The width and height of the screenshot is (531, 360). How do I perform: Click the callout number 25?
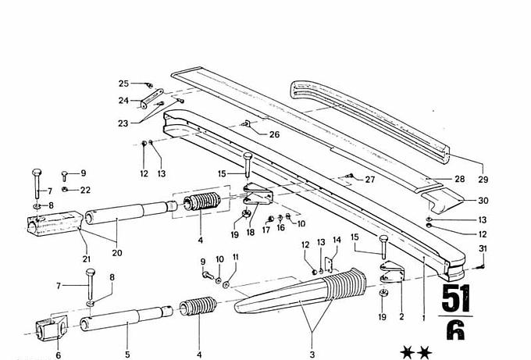123,84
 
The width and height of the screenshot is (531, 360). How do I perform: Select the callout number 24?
123,100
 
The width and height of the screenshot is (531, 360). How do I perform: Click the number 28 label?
459,179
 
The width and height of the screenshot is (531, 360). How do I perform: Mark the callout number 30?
483,200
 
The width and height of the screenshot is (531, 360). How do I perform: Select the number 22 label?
85,190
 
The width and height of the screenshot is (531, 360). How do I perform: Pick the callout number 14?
337,241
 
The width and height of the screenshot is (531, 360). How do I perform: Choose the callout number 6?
58,355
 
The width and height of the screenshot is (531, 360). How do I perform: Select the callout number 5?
127,355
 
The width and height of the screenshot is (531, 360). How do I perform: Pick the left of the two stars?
406,353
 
